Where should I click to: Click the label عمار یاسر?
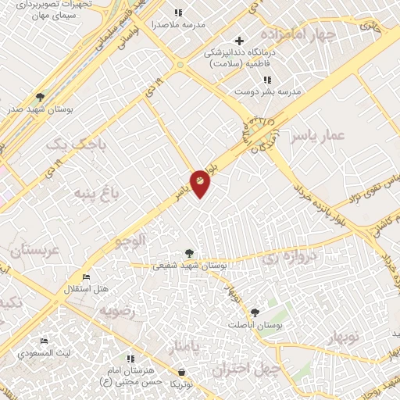[x=317, y=137]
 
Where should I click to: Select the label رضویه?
[x=117, y=310]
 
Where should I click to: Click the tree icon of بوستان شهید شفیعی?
[x=188, y=253]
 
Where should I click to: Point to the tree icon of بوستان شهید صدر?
[x=40, y=97]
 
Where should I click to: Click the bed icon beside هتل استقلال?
[x=86, y=277]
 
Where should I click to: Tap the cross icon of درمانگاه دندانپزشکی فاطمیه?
[x=240, y=40]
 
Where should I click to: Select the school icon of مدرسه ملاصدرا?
[x=178, y=12]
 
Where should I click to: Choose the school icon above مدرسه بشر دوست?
[x=267, y=79]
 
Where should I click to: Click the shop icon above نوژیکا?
[x=182, y=372]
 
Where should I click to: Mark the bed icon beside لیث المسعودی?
[x=45, y=341]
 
